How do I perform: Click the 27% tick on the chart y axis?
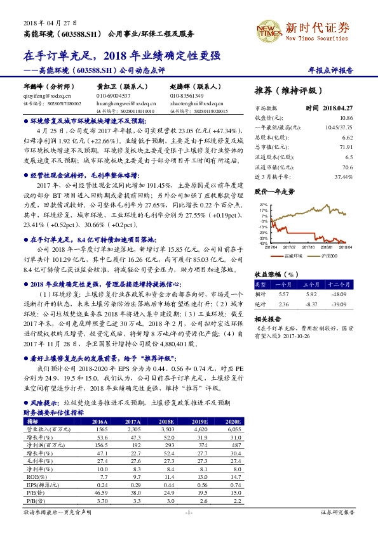coord(263,205)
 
